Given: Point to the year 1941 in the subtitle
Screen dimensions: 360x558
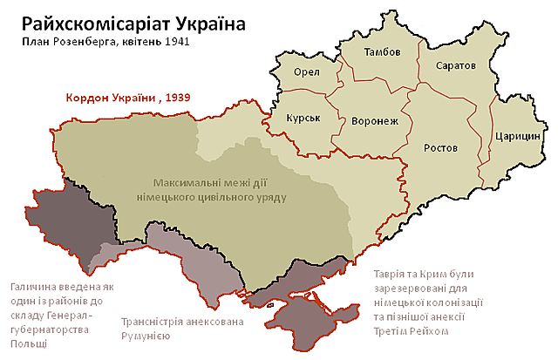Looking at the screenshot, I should pos(174,42).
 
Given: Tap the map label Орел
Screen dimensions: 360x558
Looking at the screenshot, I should pos(307,72).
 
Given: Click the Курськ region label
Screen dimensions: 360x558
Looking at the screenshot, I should pos(303,118).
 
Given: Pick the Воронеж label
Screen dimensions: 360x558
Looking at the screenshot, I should pos(374,122).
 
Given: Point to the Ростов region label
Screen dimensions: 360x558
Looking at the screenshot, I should pos(440,148).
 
